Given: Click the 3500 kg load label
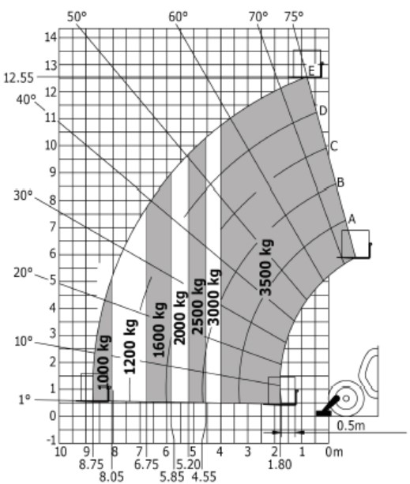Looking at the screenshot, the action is tap(266, 268).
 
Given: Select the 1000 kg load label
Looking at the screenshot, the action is tap(103, 362).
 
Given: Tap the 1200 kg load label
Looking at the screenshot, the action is tap(130, 347).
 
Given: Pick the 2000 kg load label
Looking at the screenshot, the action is tap(180, 317).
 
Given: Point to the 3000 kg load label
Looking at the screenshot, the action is tap(213, 298).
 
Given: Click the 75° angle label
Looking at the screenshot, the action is tap(294, 17).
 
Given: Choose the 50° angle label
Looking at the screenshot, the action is tap(77, 17).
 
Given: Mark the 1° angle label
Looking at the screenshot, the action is tap(24, 400).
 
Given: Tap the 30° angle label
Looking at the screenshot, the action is tap(23, 195).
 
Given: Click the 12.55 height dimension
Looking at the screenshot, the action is tap(18, 78).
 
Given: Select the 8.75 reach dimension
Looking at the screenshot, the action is tap(92, 464).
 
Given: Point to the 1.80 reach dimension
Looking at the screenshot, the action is tap(280, 464).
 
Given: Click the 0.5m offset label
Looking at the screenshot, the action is tap(351, 426).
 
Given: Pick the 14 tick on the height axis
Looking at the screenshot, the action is tap(51, 37).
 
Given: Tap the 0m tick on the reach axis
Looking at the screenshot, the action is tap(334, 452).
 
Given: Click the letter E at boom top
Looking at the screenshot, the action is tap(311, 72).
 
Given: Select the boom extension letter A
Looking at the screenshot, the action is tap(352, 219).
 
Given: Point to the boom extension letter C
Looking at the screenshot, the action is tap(333, 146).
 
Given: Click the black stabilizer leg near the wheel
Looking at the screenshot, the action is tap(328, 407).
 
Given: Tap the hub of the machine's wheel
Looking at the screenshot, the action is tap(346, 399).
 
